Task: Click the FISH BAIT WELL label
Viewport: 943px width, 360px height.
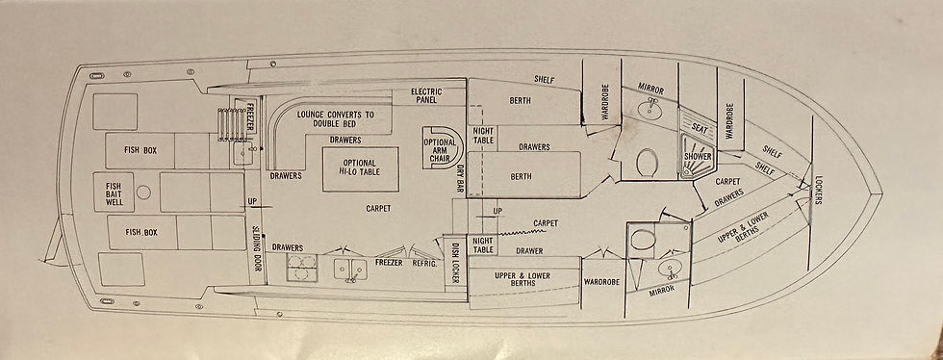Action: point(114,193)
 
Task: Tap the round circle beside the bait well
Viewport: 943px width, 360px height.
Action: point(143,193)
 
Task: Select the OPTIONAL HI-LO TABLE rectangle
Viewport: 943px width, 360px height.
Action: point(360,169)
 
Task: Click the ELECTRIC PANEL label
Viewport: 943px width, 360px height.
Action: point(426,95)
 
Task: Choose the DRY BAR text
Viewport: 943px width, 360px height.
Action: point(460,179)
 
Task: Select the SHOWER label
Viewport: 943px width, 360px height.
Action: point(698,157)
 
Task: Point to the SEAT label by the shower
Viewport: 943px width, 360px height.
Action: point(699,128)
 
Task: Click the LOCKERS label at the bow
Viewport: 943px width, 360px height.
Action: point(818,191)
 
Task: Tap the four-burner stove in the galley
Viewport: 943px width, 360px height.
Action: point(302,268)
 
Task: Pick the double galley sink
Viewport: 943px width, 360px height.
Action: point(350,268)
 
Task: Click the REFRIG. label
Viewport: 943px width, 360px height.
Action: point(424,263)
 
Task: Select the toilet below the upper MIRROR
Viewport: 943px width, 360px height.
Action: point(646,162)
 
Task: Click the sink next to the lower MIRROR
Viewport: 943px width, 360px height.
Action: point(669,269)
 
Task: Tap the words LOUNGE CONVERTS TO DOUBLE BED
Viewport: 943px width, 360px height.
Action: point(336,118)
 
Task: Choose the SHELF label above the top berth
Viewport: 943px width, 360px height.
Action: point(545,79)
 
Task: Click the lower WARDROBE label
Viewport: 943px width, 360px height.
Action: point(602,282)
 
